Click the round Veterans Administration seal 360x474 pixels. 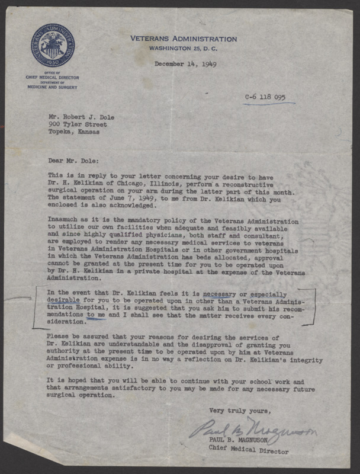tap(53, 45)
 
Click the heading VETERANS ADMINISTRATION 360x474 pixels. tap(184, 39)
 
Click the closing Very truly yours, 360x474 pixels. tap(240, 411)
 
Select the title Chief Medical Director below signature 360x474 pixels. tap(249, 451)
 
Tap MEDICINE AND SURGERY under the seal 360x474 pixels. tap(53, 87)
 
